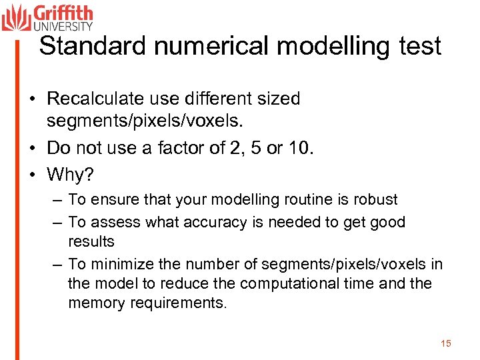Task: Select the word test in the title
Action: [x=419, y=46]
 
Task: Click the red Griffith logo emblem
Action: [x=16, y=17]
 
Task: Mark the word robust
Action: [x=375, y=199]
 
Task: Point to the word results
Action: [x=91, y=241]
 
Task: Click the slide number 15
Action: [x=446, y=343]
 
